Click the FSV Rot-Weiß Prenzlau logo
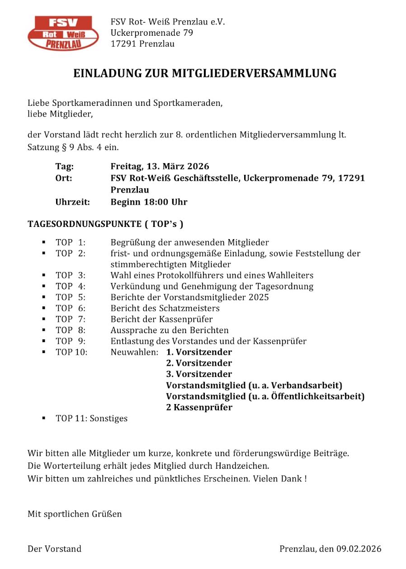(x=63, y=33)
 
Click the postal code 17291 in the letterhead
(x=123, y=44)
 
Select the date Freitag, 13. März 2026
(x=160, y=166)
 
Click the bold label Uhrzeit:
(x=72, y=202)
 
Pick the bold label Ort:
(x=63, y=178)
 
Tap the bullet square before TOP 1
(x=44, y=242)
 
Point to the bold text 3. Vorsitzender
(x=199, y=374)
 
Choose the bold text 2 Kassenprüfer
(x=199, y=407)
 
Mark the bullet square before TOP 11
(x=44, y=418)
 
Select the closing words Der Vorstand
(x=55, y=549)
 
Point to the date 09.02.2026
(x=359, y=549)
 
